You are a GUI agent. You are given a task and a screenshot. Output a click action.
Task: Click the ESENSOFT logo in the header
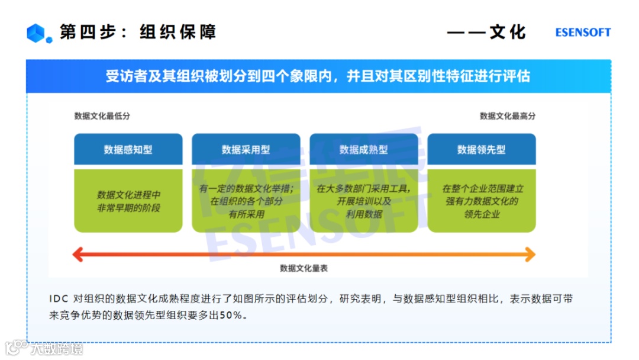click(583, 33)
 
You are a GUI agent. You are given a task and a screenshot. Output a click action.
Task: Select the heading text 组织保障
click(177, 32)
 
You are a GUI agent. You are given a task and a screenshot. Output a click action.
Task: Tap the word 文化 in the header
click(508, 32)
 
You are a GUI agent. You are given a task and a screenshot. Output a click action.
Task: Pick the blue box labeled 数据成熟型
click(364, 150)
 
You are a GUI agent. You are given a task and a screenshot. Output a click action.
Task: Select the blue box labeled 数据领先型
click(482, 150)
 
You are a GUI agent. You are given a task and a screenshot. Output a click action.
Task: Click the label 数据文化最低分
click(102, 116)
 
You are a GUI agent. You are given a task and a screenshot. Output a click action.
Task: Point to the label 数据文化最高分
click(508, 116)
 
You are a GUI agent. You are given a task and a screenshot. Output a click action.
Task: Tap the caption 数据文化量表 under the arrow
click(304, 268)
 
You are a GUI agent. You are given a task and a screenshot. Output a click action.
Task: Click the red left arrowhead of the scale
click(77, 255)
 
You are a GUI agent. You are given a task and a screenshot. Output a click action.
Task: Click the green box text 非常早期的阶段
click(129, 208)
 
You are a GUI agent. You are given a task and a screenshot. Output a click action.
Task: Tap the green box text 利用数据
click(364, 214)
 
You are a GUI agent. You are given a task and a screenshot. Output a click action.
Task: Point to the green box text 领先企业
click(482, 214)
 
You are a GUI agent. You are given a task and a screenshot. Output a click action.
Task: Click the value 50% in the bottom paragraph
click(231, 316)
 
